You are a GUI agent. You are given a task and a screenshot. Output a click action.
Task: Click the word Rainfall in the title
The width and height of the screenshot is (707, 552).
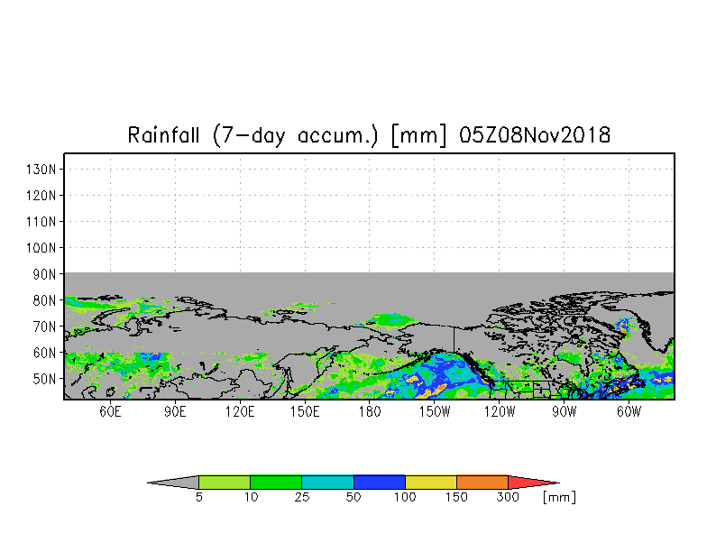pos(163,135)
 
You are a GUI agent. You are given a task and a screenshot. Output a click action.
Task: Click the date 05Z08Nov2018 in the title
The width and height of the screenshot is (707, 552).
pos(535,135)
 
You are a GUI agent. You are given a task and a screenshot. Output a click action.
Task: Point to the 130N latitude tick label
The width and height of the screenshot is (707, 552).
pos(41,170)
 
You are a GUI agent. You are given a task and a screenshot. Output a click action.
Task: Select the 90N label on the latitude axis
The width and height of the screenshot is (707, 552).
pos(44,274)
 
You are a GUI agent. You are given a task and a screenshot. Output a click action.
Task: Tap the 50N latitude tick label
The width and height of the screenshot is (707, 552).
pos(44,379)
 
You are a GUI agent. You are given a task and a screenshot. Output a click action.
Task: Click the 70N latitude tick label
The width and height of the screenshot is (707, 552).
pos(44,327)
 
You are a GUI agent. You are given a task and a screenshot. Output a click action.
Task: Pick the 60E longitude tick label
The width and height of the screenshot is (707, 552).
pos(110,411)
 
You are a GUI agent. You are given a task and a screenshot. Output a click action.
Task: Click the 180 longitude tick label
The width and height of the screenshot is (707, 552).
pos(370,411)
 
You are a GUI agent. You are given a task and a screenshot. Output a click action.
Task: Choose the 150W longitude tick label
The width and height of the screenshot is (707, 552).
pos(435,411)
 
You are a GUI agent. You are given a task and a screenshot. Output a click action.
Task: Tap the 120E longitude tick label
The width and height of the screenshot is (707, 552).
pos(240,411)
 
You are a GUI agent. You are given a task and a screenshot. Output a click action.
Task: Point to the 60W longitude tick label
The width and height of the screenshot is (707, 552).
pos(629,411)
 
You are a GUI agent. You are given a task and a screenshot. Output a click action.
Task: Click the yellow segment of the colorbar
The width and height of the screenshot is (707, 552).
pos(431,482)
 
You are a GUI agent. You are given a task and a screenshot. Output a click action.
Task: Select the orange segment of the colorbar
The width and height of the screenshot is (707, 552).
pos(482,482)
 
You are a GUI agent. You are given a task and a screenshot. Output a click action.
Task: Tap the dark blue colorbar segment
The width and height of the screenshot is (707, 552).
pos(379,482)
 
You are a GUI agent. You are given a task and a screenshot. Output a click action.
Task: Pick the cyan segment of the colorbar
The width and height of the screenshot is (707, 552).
pos(327,482)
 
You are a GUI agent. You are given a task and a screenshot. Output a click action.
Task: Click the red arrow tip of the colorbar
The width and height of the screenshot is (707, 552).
pos(559,483)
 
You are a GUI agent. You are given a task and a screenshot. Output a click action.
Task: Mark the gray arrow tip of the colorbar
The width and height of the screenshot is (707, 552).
pos(148,483)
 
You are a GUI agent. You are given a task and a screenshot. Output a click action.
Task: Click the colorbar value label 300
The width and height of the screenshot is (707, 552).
pos(508,497)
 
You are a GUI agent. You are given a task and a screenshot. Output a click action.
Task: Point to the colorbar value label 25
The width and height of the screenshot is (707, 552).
pos(302,497)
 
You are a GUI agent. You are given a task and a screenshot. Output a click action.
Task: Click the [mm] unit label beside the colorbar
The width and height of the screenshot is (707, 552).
pos(559,497)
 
